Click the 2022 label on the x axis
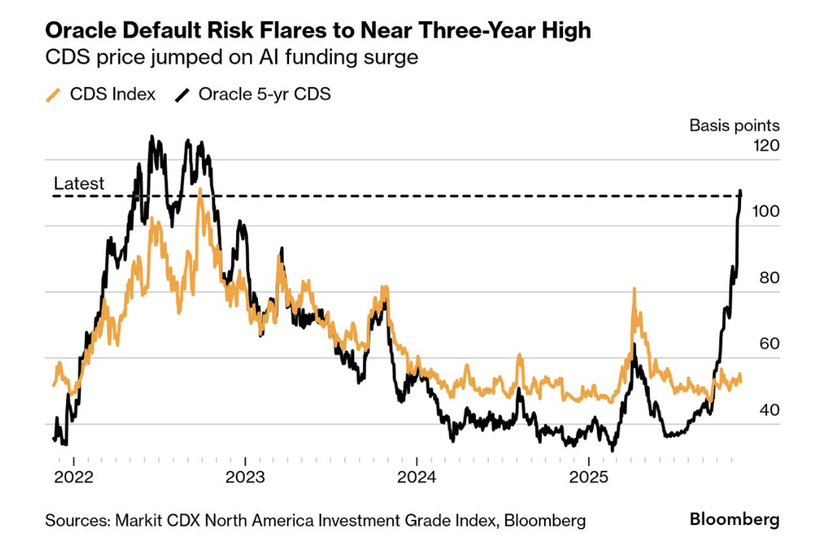[x=74, y=477]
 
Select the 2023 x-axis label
[x=246, y=477]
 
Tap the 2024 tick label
[x=417, y=477]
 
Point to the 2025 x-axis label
[x=588, y=477]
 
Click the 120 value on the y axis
[x=766, y=145]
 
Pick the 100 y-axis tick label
[x=766, y=211]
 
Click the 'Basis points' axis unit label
[x=734, y=126]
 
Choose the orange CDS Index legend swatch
[x=53, y=94]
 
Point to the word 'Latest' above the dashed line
[x=79, y=184]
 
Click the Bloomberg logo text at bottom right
[x=734, y=519]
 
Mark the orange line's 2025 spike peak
[x=633, y=289]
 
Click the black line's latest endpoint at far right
[x=741, y=192]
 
